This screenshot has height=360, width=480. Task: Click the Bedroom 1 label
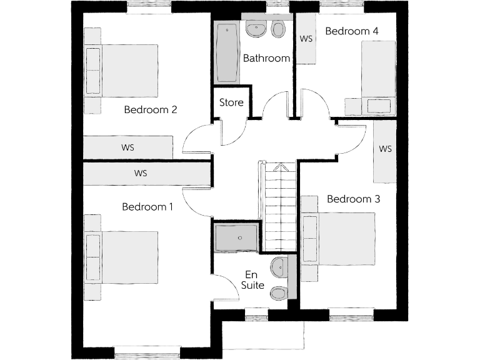click(x=147, y=207)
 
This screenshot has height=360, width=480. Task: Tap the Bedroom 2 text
click(x=151, y=110)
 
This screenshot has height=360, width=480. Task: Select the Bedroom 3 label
click(x=354, y=199)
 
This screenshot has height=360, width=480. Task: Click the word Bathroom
click(x=266, y=59)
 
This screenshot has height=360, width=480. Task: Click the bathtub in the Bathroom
click(x=227, y=52)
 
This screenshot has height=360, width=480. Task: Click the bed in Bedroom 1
click(x=128, y=257)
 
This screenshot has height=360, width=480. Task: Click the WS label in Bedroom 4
click(x=306, y=39)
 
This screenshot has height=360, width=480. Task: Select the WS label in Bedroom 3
click(x=385, y=149)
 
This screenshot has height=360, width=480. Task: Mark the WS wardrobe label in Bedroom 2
click(x=128, y=148)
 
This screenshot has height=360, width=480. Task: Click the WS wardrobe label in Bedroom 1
click(x=140, y=173)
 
